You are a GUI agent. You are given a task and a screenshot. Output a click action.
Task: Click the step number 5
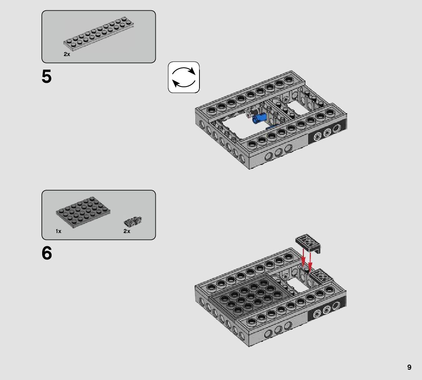tap(47, 77)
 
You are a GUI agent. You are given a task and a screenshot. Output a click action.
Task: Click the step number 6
tap(47, 253)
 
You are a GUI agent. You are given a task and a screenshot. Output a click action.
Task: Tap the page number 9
tap(409, 368)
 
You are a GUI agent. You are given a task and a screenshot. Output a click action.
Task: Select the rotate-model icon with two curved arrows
tap(184, 77)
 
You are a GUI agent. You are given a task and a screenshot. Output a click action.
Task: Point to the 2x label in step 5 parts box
tap(67, 54)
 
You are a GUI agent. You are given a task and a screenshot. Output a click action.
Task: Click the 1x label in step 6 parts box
tap(58, 231)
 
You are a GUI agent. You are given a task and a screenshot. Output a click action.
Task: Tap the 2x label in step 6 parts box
tap(127, 231)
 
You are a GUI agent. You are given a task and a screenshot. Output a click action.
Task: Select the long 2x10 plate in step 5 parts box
tap(99, 34)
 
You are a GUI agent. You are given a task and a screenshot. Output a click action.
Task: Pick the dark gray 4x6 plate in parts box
tap(83, 212)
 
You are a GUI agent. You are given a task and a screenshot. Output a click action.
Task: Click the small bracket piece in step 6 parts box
tap(133, 221)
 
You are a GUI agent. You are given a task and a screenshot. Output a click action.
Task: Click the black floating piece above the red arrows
tap(308, 243)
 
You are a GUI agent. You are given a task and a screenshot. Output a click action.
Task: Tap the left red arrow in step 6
tap(303, 257)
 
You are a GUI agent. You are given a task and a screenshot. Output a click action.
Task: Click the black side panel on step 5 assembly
tap(327, 132)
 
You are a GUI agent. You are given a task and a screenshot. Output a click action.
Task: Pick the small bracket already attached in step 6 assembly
tap(320, 276)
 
